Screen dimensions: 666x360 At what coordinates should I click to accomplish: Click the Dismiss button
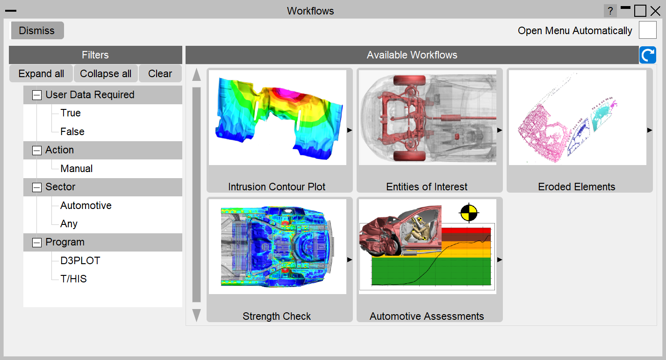pyautogui.click(x=37, y=30)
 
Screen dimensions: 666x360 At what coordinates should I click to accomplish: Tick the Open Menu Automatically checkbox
pyautogui.click(x=648, y=30)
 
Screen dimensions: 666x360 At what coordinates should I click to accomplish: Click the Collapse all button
pyautogui.click(x=106, y=73)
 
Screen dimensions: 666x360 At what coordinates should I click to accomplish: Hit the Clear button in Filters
pyautogui.click(x=160, y=73)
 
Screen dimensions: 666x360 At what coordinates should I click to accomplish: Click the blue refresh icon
pyautogui.click(x=648, y=55)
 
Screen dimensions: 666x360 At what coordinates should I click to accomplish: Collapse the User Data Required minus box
pyautogui.click(x=37, y=95)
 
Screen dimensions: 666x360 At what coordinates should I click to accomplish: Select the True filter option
pyautogui.click(x=71, y=113)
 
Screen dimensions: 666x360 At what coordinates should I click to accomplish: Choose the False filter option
pyautogui.click(x=72, y=131)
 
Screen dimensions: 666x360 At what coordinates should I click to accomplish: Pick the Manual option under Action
pyautogui.click(x=76, y=168)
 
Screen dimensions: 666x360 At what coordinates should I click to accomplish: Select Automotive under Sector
pyautogui.click(x=86, y=205)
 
